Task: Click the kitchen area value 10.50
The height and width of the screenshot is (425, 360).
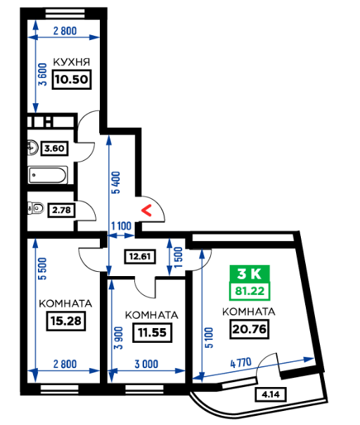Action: click(72, 79)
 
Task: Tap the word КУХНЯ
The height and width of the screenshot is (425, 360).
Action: click(71, 62)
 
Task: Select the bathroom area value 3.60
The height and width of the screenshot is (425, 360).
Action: click(54, 148)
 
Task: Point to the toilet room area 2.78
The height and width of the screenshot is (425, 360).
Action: click(61, 210)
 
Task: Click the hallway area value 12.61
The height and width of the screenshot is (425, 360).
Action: click(140, 256)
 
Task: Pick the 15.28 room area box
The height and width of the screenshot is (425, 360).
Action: click(66, 321)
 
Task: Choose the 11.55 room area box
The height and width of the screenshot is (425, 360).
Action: click(152, 332)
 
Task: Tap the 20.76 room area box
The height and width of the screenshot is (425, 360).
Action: click(250, 329)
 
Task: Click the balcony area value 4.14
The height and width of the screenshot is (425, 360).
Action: click(271, 394)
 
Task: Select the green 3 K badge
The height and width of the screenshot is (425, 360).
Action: click(250, 274)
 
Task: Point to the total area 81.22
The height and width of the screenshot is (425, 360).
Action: click(250, 291)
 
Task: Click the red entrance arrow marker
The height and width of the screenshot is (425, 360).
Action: click(147, 211)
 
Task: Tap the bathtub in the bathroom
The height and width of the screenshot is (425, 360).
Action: click(48, 175)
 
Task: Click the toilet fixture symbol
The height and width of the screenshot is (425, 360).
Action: click(36, 209)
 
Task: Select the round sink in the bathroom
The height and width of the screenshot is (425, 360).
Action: click(33, 148)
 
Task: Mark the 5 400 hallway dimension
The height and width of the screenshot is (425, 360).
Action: click(115, 183)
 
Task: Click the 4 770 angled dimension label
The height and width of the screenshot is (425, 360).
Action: click(241, 362)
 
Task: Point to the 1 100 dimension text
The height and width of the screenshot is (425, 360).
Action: click(121, 225)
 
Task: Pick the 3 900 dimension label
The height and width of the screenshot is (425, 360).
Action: click(119, 338)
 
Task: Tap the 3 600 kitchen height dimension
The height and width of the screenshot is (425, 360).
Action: click(43, 74)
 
